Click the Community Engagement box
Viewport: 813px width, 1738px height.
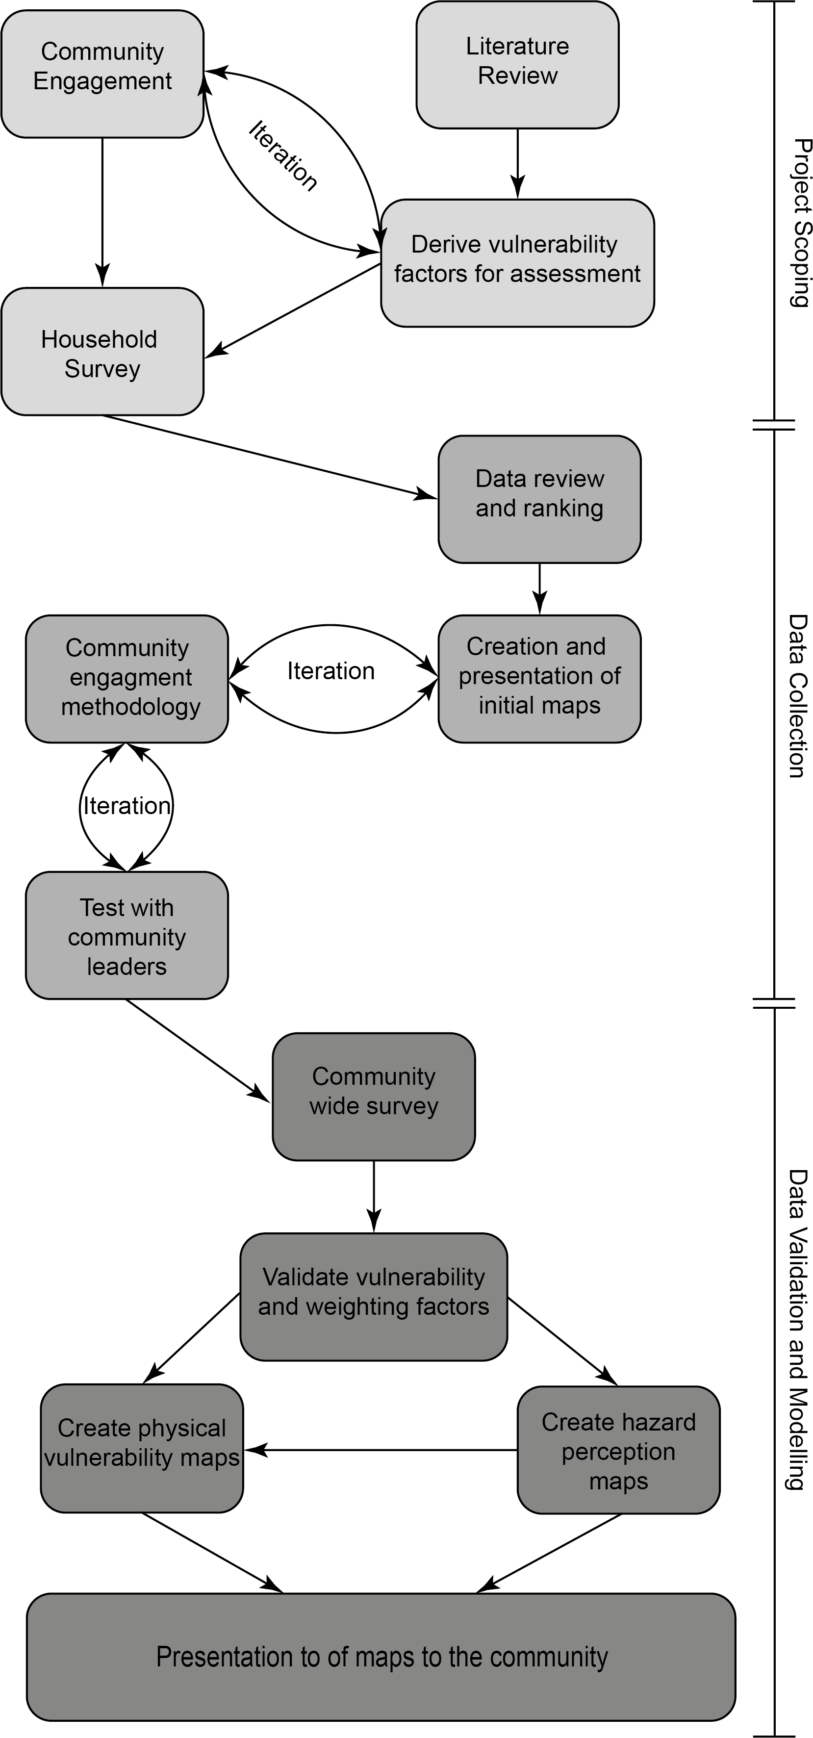(102, 74)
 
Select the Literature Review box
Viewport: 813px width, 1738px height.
(517, 65)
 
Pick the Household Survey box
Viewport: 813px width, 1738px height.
(102, 352)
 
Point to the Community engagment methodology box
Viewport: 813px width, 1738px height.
(127, 679)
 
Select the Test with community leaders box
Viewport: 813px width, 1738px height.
(127, 936)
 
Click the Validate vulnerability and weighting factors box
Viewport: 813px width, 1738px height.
(374, 1297)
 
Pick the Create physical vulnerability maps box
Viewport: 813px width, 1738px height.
(142, 1449)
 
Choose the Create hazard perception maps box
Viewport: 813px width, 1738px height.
(619, 1451)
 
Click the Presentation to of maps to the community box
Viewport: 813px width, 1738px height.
(381, 1657)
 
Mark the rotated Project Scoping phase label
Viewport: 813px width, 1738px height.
(800, 223)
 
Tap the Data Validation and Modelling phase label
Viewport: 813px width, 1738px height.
(797, 1329)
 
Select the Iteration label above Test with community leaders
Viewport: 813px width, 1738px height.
(127, 806)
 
